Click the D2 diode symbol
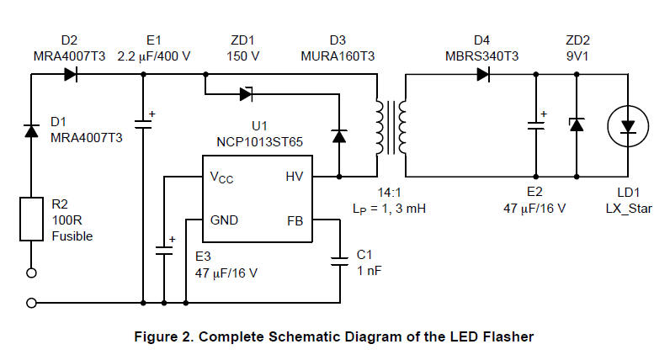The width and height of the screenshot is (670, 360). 70,74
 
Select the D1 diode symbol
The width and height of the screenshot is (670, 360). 32,130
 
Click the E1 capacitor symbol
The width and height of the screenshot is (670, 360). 144,124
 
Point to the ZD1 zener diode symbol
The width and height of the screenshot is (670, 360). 247,93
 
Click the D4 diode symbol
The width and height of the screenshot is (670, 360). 484,74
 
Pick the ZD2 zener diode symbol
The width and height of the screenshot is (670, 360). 577,124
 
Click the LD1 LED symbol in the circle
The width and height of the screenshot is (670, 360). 628,125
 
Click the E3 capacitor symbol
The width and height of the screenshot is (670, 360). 162,250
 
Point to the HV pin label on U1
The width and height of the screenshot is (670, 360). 293,178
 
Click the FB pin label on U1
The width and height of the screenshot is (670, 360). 295,220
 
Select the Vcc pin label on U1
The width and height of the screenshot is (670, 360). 221,178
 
